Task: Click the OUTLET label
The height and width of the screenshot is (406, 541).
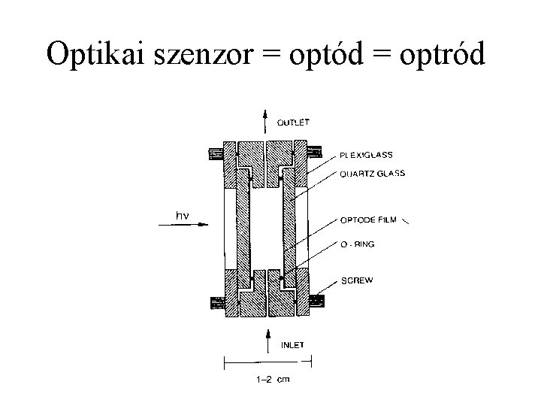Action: tap(294, 122)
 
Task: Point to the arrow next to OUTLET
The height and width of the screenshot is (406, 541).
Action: tap(264, 120)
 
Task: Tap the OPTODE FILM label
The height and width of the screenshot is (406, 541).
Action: tap(367, 221)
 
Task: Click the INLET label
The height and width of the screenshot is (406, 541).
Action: tap(293, 346)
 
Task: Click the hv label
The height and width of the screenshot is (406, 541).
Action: tap(182, 216)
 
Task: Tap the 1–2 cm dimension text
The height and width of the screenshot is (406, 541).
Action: tap(268, 380)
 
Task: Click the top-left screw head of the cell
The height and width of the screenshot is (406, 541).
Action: tap(216, 154)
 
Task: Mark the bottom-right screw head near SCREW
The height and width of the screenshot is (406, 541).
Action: tap(316, 301)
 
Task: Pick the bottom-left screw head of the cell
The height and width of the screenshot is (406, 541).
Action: tap(216, 303)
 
